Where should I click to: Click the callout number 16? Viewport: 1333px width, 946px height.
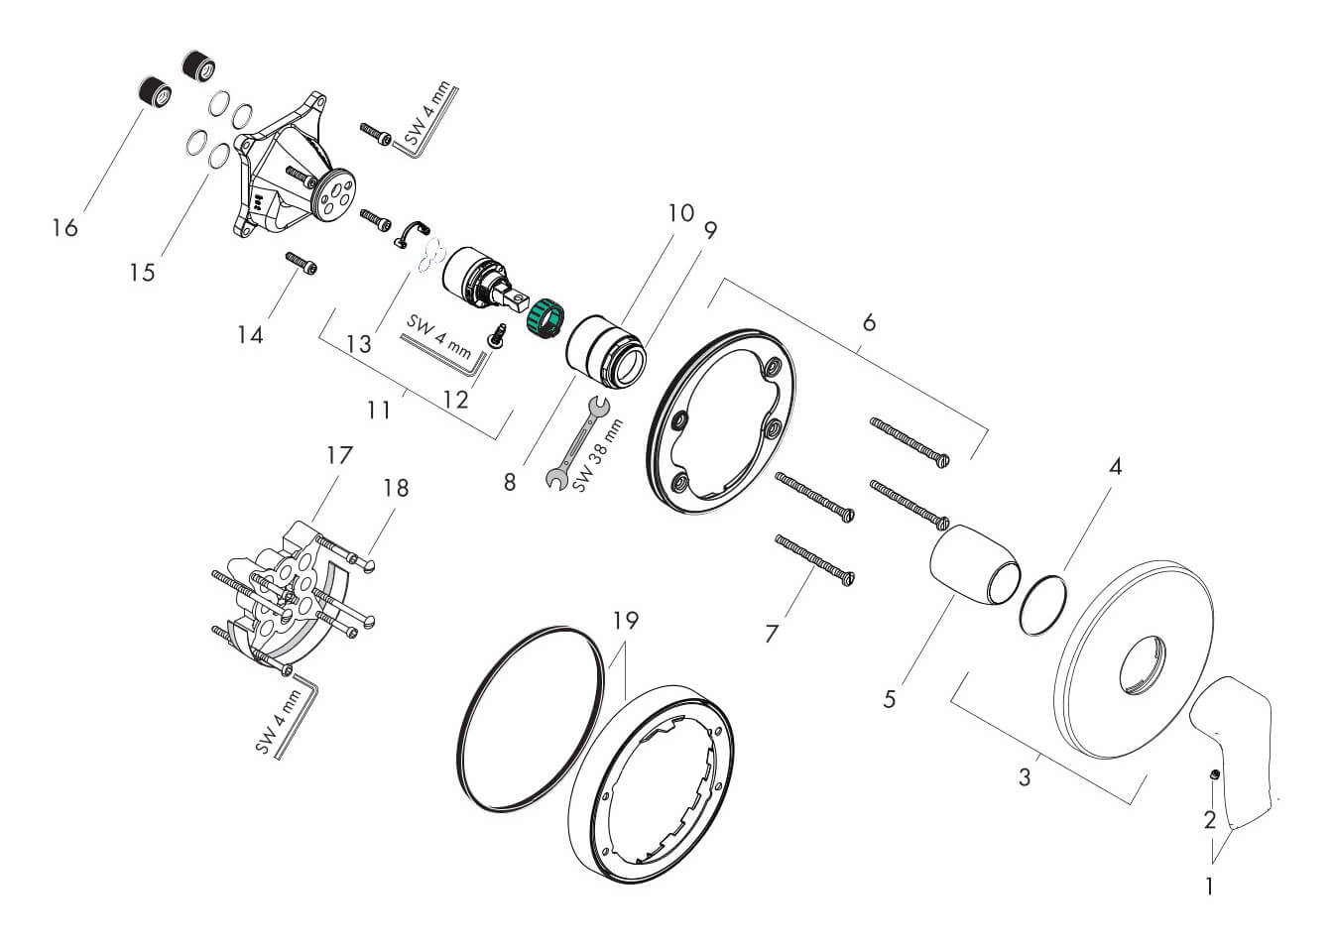click(x=65, y=228)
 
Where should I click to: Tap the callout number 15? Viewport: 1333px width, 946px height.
click(x=143, y=272)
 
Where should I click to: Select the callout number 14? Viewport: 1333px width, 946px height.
click(x=250, y=335)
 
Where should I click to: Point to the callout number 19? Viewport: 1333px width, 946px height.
click(x=625, y=622)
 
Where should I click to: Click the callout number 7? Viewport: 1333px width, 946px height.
click(x=773, y=633)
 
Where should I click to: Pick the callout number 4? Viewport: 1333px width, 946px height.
click(x=1115, y=466)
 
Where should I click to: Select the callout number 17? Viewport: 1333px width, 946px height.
click(x=340, y=455)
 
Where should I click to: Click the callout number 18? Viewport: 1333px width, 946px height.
click(x=395, y=488)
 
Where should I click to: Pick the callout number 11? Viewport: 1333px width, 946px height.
click(x=378, y=408)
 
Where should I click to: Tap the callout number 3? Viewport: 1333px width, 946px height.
click(x=1025, y=776)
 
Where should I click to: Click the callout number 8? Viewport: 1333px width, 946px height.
click(x=509, y=483)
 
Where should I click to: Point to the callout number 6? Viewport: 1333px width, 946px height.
click(x=869, y=322)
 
